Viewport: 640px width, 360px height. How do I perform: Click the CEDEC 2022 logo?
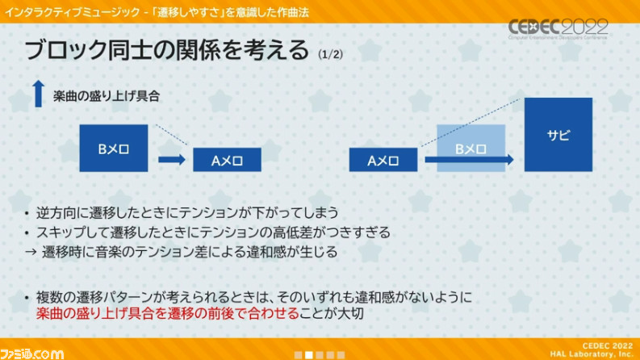coord(558,29)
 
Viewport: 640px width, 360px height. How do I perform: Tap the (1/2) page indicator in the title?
coord(330,54)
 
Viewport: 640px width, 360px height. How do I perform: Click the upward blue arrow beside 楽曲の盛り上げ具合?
coord(39,94)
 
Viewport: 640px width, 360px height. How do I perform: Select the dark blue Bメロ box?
coord(114,148)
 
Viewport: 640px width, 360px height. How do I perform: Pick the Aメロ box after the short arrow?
coord(227,160)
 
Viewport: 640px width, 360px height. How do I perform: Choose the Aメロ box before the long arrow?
coord(383,160)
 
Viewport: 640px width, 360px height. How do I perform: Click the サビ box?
coord(558,134)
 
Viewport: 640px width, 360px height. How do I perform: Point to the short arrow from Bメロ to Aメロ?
coord(172,159)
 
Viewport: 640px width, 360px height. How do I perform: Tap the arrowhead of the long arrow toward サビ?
coord(510,159)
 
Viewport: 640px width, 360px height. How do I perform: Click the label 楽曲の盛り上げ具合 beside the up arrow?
coord(106,96)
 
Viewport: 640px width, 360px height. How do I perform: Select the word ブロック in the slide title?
coord(65,50)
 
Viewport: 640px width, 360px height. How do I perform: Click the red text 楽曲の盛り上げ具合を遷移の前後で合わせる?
coord(168,313)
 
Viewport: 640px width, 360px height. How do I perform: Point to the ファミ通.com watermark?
coord(31,354)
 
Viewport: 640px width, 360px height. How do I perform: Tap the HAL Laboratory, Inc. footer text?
coord(591,354)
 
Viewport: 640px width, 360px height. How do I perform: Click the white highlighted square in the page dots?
coord(309,355)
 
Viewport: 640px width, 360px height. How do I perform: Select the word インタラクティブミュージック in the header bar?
coord(72,12)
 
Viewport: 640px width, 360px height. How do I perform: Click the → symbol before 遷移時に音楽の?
coord(31,252)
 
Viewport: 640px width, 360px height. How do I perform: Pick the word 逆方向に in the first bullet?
coord(62,212)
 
